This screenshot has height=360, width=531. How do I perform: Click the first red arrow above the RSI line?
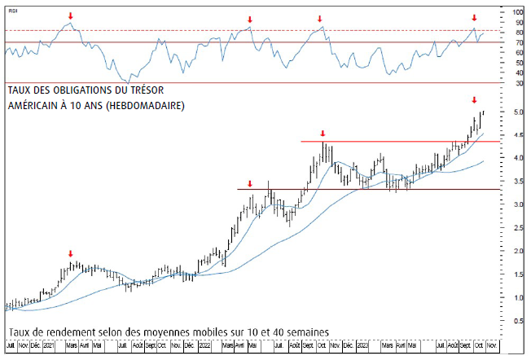70,15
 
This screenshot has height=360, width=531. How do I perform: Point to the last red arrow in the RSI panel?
474,17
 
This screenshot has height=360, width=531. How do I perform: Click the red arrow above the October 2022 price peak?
323,133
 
